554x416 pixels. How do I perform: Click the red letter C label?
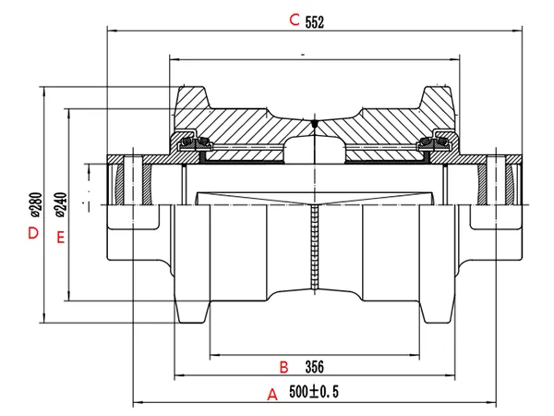pos(295,19)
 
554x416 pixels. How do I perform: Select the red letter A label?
pos(272,394)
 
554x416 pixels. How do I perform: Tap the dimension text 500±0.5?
pos(314,393)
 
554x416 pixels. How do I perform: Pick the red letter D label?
pos(33,233)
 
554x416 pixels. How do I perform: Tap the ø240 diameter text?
pos(61,202)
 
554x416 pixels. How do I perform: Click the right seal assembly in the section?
pos(435,143)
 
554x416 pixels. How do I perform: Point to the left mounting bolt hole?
pos(135,181)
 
